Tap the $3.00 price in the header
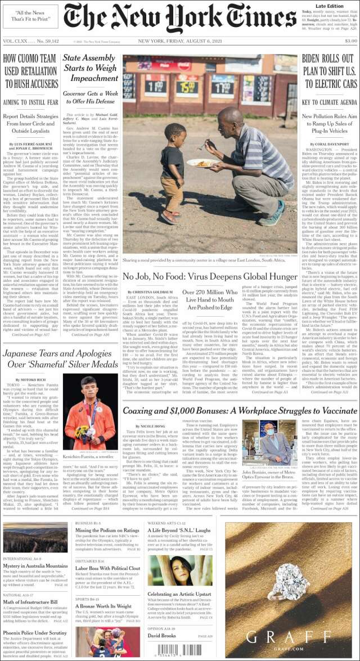(350, 41)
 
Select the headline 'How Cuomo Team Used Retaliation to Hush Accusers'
(30, 71)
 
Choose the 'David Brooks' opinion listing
(162, 636)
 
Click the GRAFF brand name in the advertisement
(291, 637)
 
